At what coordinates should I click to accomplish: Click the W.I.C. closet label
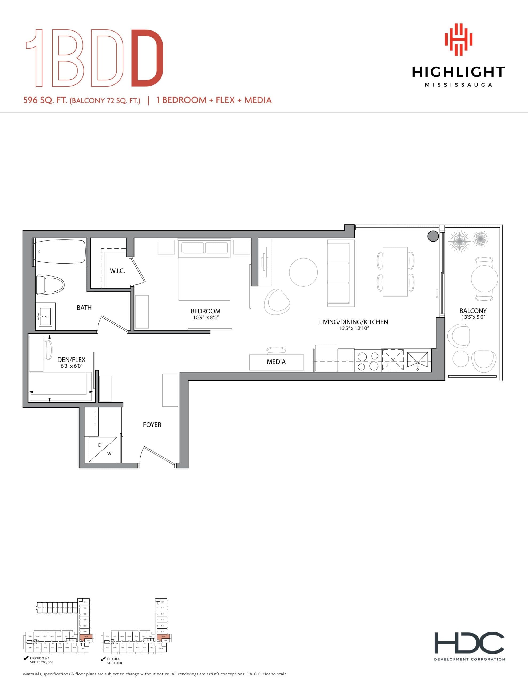117,271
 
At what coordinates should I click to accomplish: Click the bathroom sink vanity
45,316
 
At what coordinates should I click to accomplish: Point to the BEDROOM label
205,311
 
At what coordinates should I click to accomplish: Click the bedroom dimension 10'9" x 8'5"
205,318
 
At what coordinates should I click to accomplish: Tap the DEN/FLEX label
71,360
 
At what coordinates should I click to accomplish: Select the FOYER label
152,425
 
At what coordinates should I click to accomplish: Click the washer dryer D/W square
103,449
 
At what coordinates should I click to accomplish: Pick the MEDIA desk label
276,362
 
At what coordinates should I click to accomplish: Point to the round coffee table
303,272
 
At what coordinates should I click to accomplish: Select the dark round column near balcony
433,236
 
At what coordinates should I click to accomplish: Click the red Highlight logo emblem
458,40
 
